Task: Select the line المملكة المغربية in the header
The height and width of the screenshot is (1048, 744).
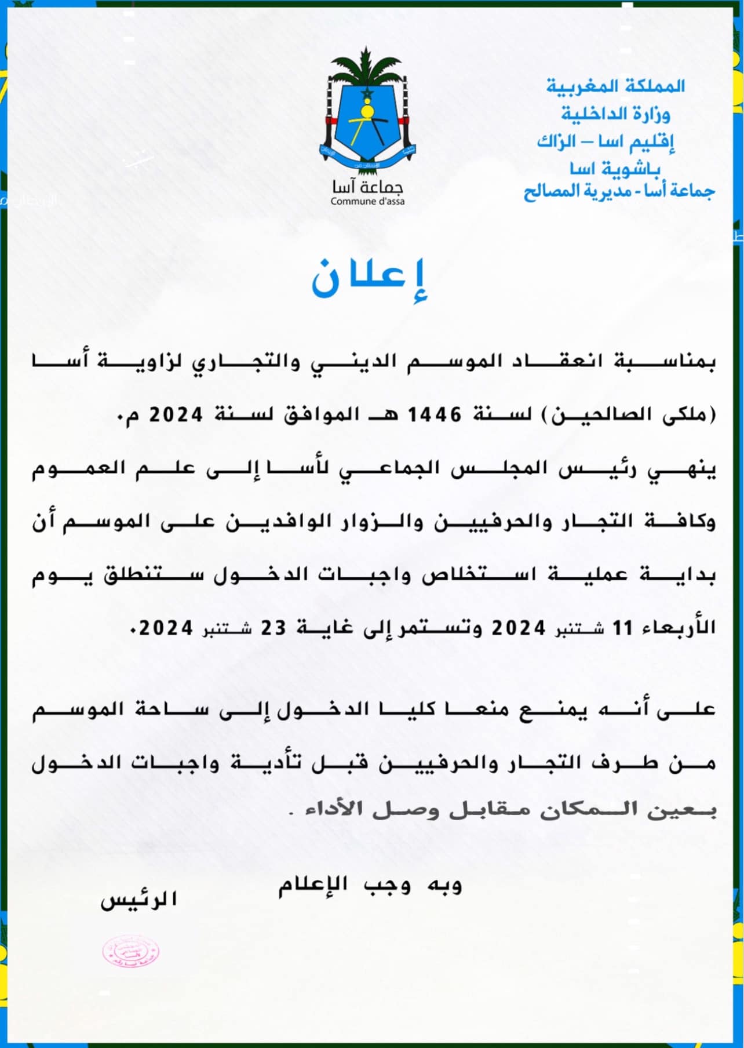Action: (x=615, y=86)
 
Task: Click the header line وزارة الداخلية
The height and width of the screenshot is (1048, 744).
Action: (x=615, y=114)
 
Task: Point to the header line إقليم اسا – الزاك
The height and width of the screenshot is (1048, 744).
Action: (x=606, y=141)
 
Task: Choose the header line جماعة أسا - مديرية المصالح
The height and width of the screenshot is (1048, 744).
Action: (x=619, y=191)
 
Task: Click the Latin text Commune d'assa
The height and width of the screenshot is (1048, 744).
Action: (x=367, y=202)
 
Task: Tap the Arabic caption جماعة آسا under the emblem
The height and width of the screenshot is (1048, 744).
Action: (x=367, y=187)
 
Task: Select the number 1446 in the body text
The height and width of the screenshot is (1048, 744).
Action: (x=435, y=415)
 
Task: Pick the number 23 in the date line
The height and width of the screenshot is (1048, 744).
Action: (x=273, y=627)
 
